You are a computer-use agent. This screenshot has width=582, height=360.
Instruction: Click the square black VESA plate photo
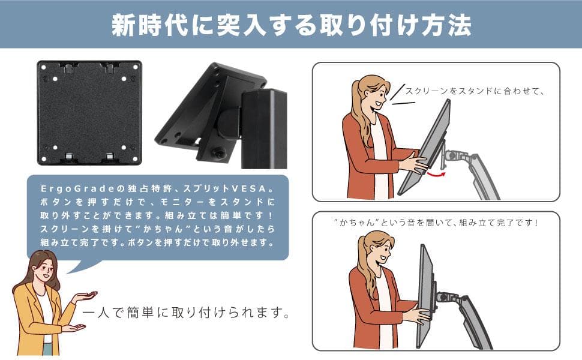pyautogui.click(x=89, y=112)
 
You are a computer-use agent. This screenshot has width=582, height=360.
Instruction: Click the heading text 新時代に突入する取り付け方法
pyautogui.click(x=291, y=25)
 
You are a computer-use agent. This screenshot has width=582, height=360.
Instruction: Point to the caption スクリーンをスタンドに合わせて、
pyautogui.click(x=474, y=92)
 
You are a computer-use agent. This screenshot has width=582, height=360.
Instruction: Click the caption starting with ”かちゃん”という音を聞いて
pyautogui.click(x=436, y=222)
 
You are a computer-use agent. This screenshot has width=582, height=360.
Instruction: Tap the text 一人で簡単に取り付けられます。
pyautogui.click(x=187, y=313)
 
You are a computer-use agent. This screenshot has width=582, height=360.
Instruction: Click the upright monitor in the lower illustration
pyautogui.click(x=425, y=294)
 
